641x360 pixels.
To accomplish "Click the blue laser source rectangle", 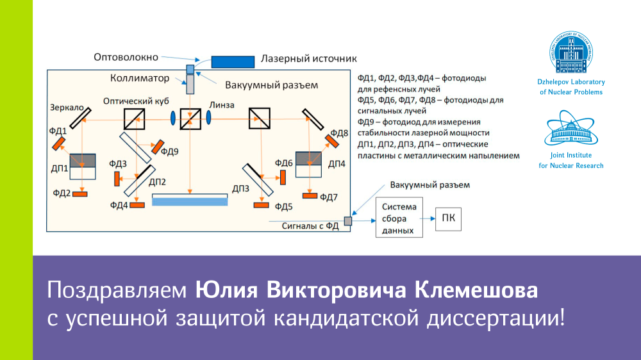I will (x=232, y=61).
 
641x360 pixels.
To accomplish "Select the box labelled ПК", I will (x=447, y=219).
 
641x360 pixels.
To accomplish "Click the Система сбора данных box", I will (x=399, y=218).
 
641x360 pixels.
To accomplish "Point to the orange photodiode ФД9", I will (x=154, y=145).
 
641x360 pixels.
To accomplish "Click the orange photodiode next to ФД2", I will (x=80, y=193).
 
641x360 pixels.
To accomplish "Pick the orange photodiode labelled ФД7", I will (x=310, y=195).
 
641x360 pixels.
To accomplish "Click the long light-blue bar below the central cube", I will (x=190, y=200).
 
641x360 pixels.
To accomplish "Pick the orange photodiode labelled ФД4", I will (x=137, y=204).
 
